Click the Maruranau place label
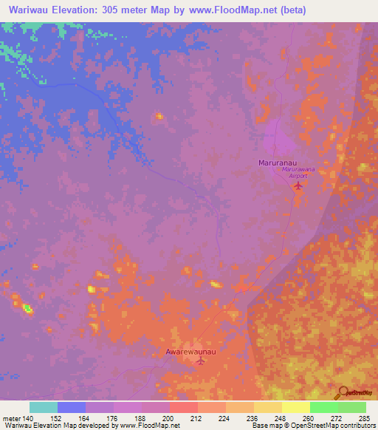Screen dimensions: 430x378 coord(279,161)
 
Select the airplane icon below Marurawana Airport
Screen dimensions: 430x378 coord(298,185)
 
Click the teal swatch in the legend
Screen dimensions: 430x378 coord(44,407)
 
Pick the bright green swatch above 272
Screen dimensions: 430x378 coord(323,407)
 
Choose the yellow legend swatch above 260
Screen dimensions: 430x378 coord(295,407)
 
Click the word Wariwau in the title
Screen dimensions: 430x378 coord(30,10)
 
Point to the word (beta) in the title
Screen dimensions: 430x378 coord(289,10)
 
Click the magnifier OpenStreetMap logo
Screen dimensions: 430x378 coord(343,393)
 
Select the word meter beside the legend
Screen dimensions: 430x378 coord(12,418)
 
